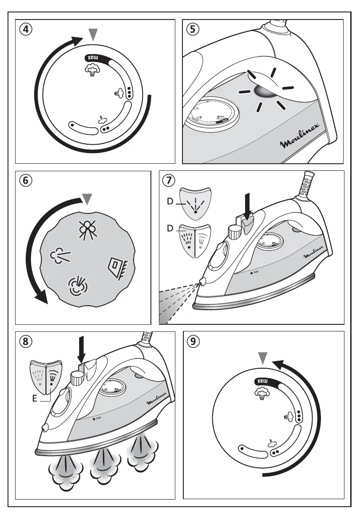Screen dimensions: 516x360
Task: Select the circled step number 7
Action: (x=169, y=181)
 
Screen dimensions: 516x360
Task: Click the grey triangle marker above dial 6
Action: (x=88, y=199)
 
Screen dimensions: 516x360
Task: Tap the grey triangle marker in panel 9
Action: (x=264, y=358)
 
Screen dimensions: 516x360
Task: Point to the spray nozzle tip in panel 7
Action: (x=203, y=281)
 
